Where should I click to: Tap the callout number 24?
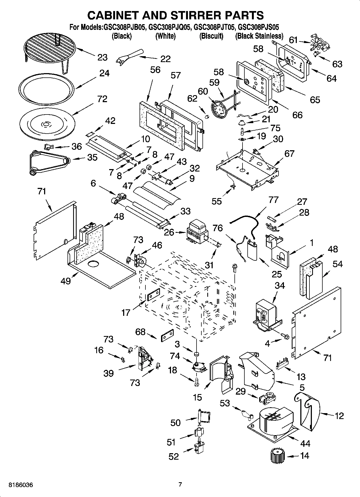pyautogui.click(x=104, y=73)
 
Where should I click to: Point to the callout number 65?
pyautogui.click(x=315, y=100)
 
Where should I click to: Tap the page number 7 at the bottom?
pyautogui.click(x=180, y=485)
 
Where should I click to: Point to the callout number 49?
pyautogui.click(x=66, y=281)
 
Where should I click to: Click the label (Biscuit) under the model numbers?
pyautogui.click(x=211, y=36)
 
